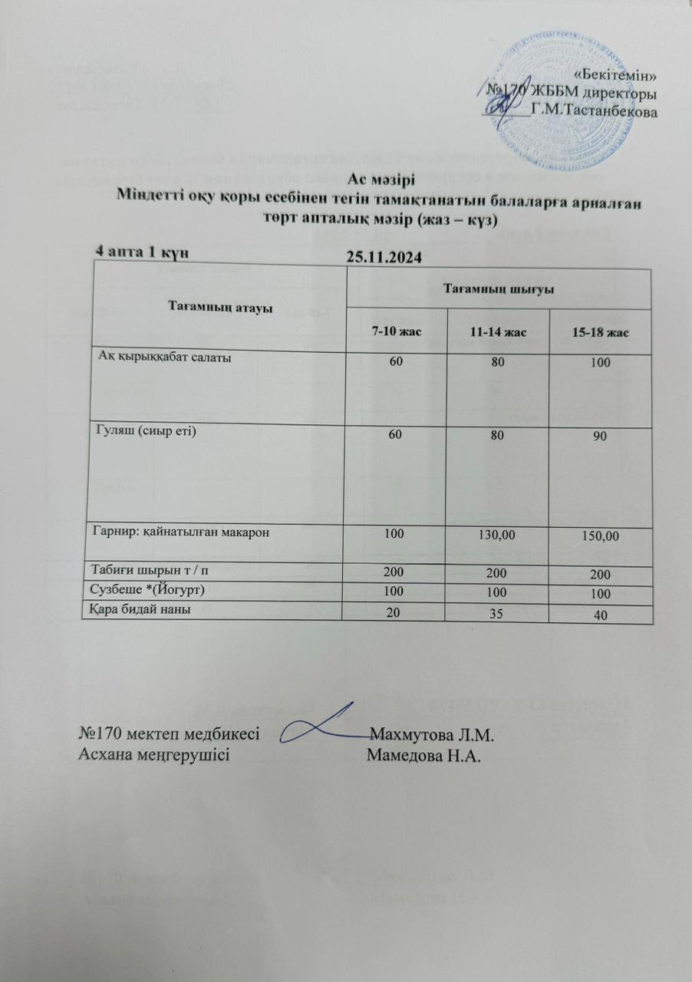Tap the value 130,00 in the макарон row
tap(496, 535)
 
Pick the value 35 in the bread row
tap(496, 613)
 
